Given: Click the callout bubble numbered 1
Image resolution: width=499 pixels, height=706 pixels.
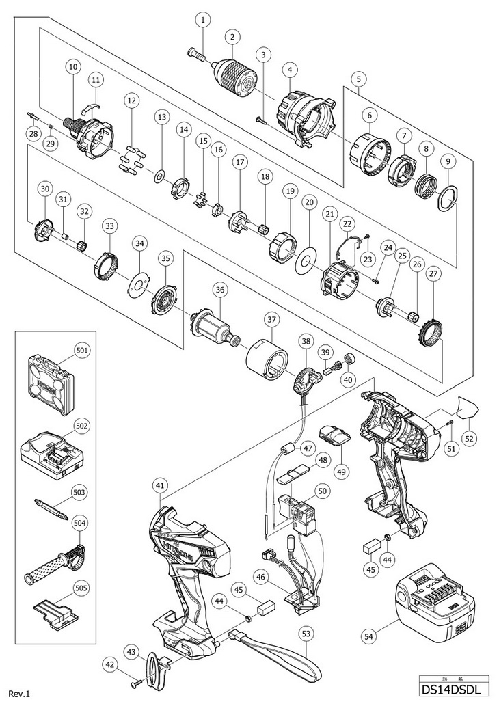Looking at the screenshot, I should coord(202,21).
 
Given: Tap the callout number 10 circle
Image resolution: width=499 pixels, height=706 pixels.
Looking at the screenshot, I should coord(73,67).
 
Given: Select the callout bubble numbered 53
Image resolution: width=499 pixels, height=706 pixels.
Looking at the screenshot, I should coord(306,634).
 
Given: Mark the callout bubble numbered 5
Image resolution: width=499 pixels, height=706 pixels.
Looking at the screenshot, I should coord(358,79).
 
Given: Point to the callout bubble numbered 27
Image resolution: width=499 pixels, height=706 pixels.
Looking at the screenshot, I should coord(433,274).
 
